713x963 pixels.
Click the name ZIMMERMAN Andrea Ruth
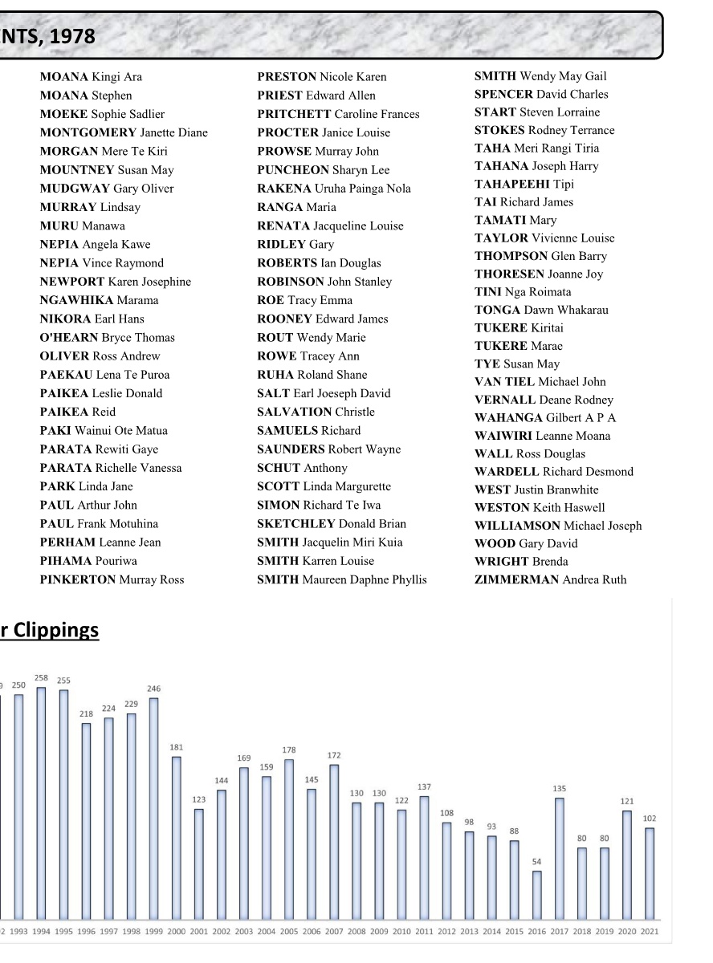(550, 579)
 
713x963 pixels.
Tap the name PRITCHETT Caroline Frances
(338, 114)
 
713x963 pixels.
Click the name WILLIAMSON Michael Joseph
(558, 526)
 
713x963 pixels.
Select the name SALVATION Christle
(316, 412)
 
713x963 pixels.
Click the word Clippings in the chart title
(55, 631)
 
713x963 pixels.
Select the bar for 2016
(536, 895)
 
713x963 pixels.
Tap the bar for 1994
(41, 802)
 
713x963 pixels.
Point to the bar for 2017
(559, 858)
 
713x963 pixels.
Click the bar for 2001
(198, 863)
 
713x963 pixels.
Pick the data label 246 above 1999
(153, 689)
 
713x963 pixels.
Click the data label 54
(536, 862)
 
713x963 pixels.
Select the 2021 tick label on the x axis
(650, 931)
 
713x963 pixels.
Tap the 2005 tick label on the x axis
(289, 931)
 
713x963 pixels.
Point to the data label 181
(176, 747)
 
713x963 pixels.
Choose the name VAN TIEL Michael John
(540, 381)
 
